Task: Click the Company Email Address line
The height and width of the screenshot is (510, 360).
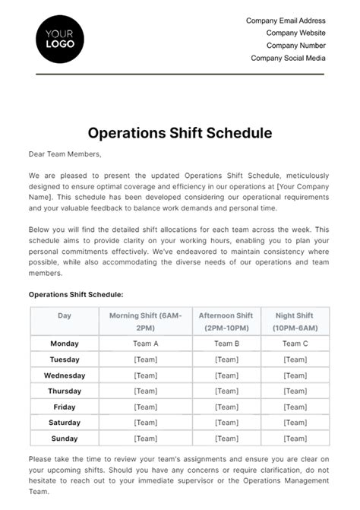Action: coord(286,21)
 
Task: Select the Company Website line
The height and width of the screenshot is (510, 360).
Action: coord(295,33)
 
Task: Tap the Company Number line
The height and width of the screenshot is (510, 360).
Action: coord(295,46)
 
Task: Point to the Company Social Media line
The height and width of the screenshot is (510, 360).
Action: coord(288,58)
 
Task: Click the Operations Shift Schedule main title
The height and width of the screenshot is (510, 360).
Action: coord(179,133)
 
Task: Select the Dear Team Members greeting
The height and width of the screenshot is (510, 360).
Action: coord(65,154)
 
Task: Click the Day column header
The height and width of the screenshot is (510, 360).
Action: coord(64,315)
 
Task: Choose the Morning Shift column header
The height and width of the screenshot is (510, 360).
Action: coord(145,321)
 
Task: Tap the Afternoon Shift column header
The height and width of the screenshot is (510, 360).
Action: coord(226,321)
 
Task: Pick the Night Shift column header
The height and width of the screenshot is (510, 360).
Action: coord(295,321)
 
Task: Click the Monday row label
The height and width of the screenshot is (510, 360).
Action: coord(64,344)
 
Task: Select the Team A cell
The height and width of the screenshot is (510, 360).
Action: coord(145,344)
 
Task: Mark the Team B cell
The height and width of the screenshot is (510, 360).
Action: coord(226,344)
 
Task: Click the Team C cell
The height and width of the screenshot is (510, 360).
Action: coord(295,344)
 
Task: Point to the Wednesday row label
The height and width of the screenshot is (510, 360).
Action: coord(64,375)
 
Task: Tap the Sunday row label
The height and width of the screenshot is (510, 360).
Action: coord(64,439)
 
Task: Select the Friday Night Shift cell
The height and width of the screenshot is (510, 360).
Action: coord(295,407)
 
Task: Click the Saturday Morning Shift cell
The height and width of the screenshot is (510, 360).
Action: coord(145,423)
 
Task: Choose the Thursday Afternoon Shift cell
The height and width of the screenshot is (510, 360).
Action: coord(226,391)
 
